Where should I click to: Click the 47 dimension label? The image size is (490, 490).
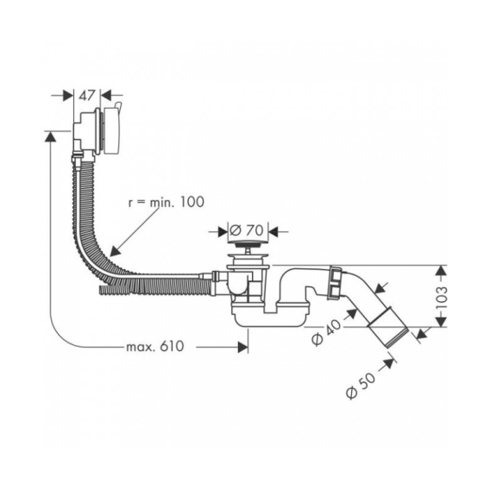86,96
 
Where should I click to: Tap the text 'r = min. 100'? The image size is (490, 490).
166,202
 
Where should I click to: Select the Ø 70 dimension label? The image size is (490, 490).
247,231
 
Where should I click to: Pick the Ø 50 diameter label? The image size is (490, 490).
361,386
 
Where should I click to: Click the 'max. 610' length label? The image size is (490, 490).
155,346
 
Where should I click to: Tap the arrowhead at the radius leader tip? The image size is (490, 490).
115,251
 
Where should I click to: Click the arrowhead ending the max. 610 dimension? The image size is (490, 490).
242,347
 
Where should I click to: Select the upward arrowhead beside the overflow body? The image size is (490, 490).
50,137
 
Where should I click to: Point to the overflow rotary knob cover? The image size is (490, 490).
112,130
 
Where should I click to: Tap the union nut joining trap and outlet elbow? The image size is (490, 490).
336,282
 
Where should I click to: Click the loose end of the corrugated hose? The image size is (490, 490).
104,289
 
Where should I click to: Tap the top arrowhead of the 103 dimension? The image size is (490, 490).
441,271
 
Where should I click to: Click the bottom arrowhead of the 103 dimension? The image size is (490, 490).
441,322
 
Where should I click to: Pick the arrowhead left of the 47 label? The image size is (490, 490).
67,96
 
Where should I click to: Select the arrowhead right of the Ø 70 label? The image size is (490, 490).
274,231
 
